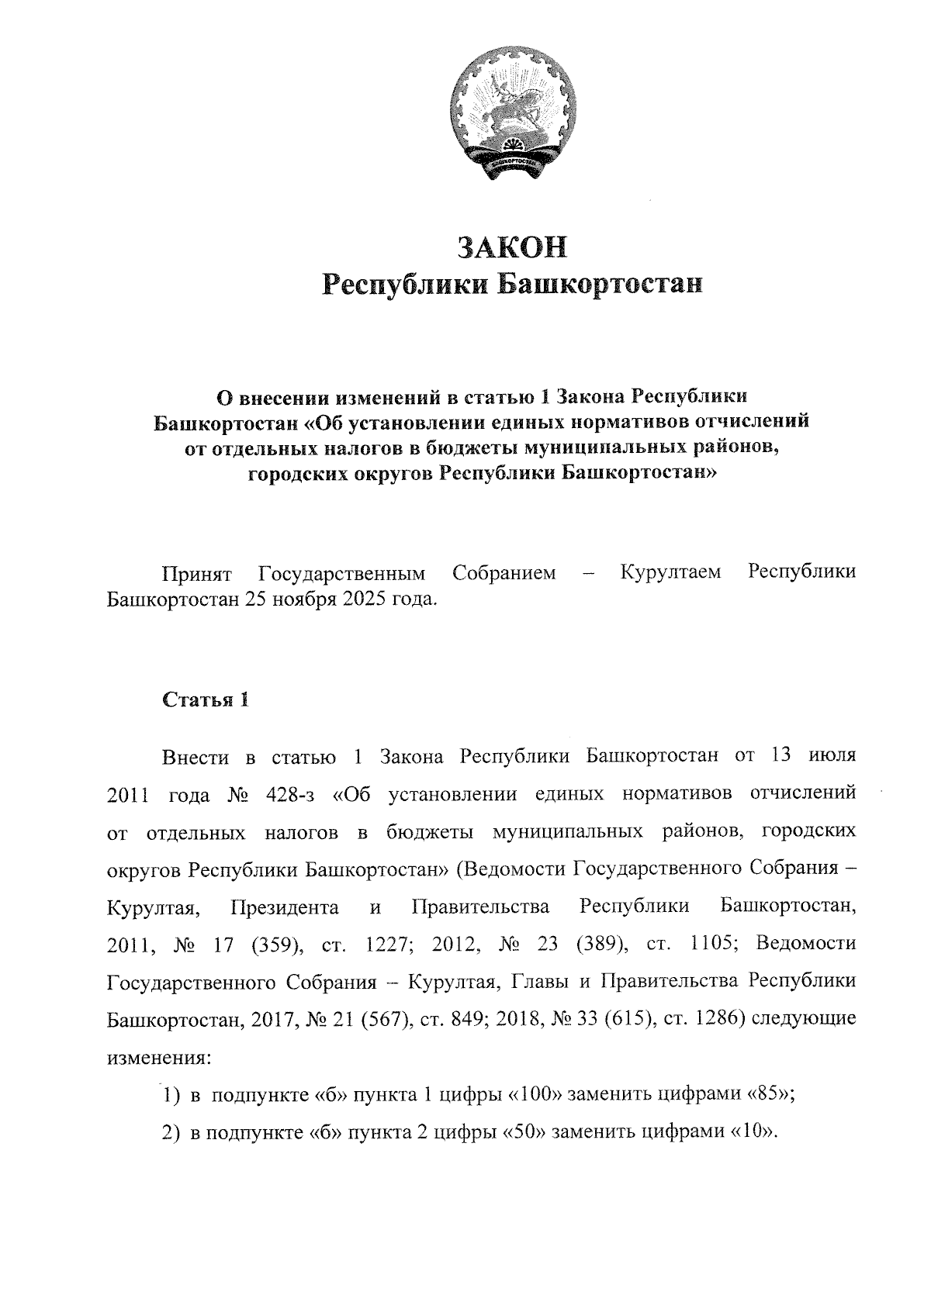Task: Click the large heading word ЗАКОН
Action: (513, 246)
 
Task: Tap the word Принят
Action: (197, 573)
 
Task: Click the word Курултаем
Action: (671, 573)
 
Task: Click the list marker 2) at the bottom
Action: (171, 1132)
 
